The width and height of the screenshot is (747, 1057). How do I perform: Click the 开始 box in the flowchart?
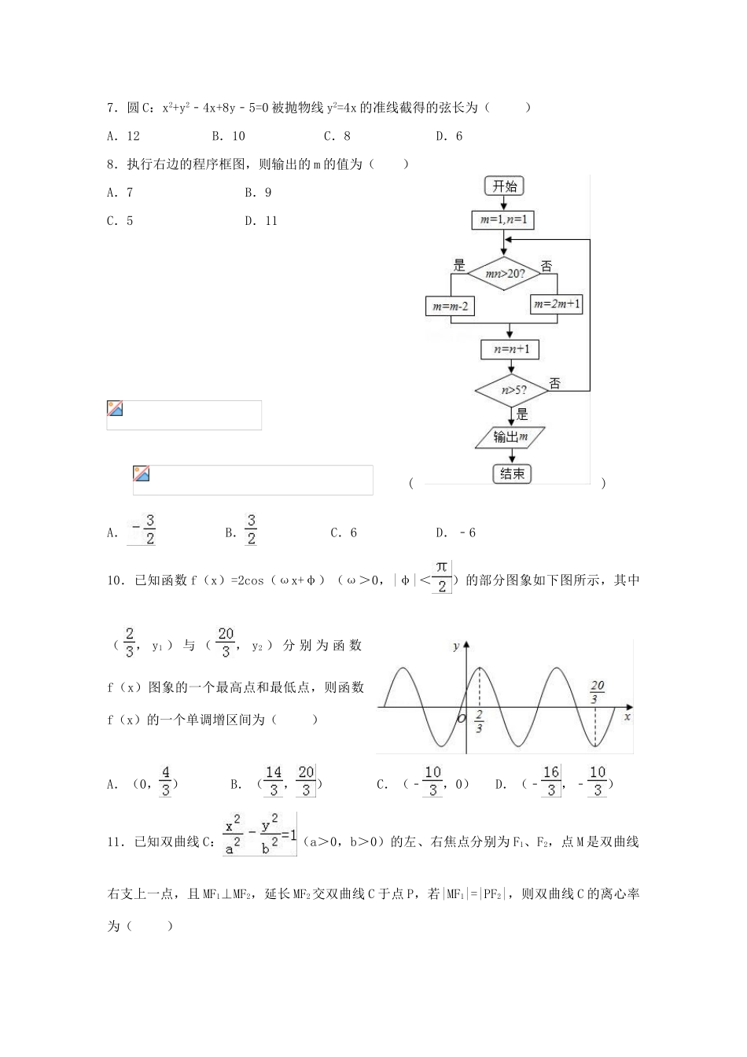(505, 186)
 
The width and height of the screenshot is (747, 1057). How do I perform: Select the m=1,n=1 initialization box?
(503, 220)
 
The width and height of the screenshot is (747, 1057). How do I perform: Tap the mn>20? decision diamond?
(503, 274)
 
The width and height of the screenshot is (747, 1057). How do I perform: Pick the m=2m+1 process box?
(557, 304)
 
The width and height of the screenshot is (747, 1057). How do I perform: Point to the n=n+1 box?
(510, 349)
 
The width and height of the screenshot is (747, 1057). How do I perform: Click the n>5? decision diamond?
(513, 389)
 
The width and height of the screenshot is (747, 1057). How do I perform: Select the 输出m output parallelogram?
(511, 437)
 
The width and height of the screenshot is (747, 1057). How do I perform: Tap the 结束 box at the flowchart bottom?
(512, 473)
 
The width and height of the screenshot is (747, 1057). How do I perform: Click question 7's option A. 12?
(123, 136)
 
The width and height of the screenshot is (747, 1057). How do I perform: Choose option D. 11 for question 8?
(261, 221)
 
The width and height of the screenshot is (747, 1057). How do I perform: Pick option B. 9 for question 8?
(258, 193)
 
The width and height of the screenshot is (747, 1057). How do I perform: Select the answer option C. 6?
(344, 532)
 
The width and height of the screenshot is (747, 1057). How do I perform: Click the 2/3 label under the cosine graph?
(479, 723)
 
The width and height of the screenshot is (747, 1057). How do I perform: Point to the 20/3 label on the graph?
(597, 692)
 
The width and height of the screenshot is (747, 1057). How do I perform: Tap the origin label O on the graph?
(462, 718)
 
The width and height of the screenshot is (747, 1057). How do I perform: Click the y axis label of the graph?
(457, 646)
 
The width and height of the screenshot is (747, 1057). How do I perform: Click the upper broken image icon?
(116, 408)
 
